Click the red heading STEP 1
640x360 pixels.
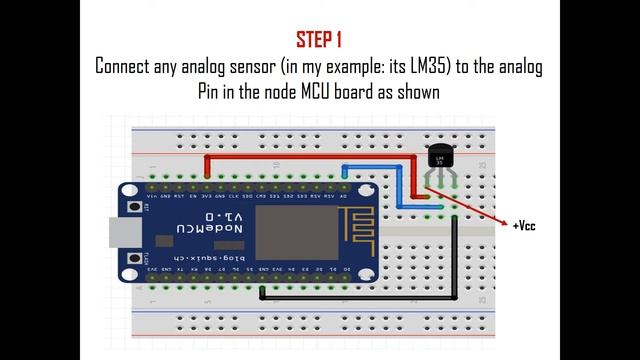point(319,40)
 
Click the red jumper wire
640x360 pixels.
point(300,157)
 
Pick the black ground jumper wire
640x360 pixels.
point(456,260)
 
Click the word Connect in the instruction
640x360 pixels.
point(128,67)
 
